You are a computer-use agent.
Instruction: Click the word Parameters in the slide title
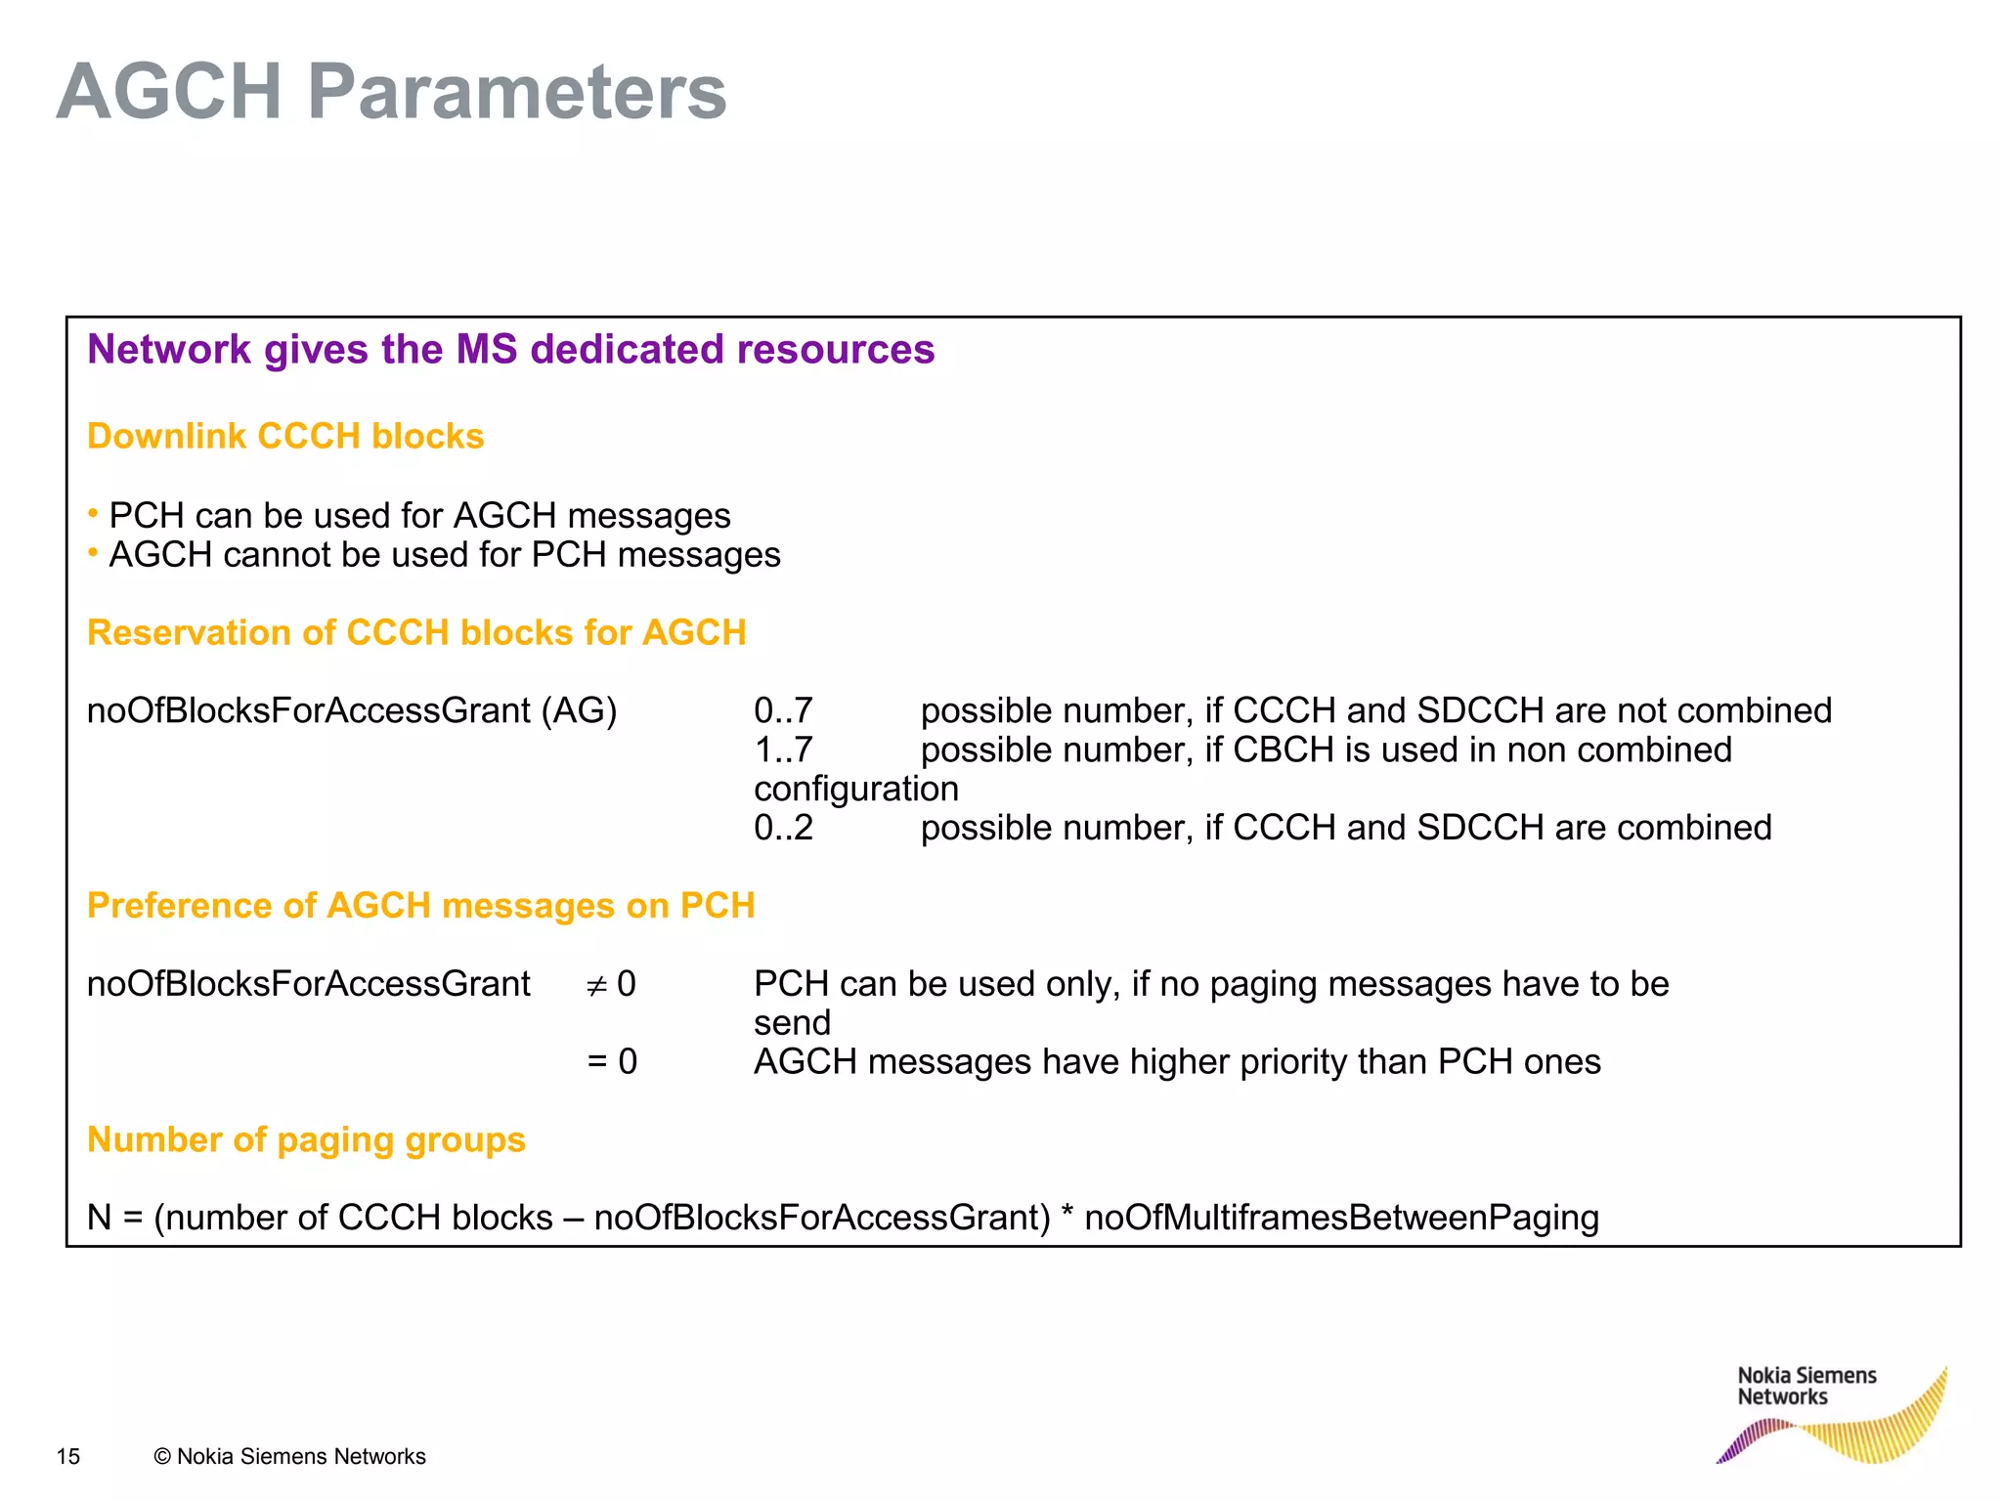click(517, 93)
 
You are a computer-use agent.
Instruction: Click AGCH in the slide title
click(169, 93)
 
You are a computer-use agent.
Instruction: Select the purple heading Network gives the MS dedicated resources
click(510, 350)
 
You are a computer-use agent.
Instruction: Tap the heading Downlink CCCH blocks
click(285, 436)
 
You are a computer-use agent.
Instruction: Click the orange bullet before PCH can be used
click(93, 512)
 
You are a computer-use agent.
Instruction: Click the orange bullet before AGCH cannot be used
click(93, 552)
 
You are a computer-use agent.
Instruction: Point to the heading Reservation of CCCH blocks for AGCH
click(416, 632)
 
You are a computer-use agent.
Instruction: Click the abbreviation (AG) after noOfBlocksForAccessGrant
click(585, 710)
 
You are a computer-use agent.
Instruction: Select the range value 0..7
click(783, 710)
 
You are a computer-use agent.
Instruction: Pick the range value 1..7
click(783, 750)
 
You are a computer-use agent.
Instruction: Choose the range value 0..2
click(783, 828)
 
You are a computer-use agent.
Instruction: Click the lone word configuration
click(855, 789)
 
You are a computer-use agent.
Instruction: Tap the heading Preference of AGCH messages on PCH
click(420, 906)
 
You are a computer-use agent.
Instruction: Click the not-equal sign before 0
click(596, 986)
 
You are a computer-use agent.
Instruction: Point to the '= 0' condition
click(612, 1062)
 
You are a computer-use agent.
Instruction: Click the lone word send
click(792, 1023)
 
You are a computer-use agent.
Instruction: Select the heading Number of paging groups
click(306, 1140)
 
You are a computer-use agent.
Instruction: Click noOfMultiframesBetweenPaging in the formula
click(1341, 1218)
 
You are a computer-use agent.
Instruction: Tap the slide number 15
click(68, 1456)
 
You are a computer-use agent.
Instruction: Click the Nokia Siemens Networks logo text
click(1806, 1386)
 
